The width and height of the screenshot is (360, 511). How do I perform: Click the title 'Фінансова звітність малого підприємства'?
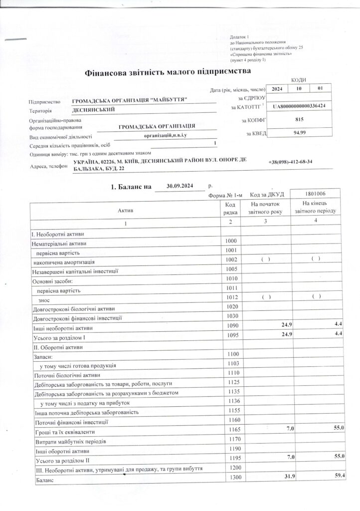click(168, 73)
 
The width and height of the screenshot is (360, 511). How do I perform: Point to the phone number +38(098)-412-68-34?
click(293, 163)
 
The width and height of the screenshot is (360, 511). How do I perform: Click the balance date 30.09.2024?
click(180, 186)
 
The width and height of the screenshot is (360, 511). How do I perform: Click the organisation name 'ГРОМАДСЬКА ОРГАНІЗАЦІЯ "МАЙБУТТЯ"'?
click(130, 101)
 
